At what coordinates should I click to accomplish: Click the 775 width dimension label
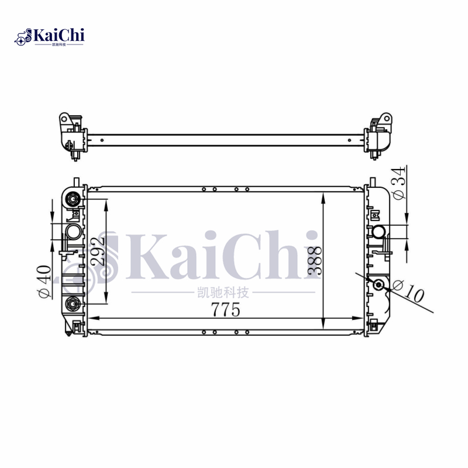click(226, 310)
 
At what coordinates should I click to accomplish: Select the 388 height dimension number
click(315, 260)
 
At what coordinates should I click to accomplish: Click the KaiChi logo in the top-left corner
click(50, 37)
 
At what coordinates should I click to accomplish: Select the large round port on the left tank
click(74, 232)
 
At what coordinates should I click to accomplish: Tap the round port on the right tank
click(378, 233)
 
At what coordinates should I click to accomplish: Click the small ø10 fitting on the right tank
click(379, 284)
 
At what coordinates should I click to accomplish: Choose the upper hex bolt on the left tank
click(73, 199)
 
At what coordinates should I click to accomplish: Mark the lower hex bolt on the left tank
click(73, 302)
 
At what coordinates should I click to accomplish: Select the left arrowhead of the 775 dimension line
click(91, 318)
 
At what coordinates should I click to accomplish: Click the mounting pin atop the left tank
click(75, 183)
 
